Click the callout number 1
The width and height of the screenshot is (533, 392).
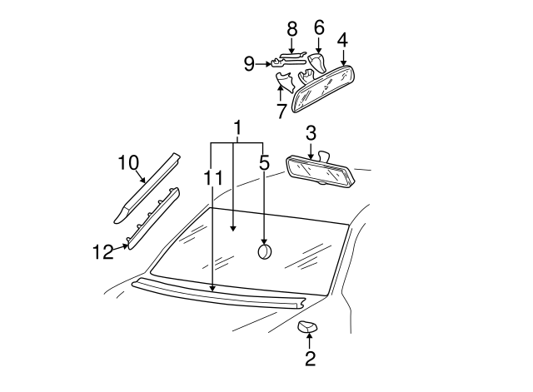[x=237, y=129]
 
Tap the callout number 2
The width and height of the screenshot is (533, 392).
[x=310, y=360]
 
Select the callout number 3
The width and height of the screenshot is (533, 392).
[x=311, y=133]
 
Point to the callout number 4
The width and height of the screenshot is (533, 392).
[x=342, y=39]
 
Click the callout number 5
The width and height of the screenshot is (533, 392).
[x=264, y=163]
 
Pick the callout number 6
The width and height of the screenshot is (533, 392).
[x=318, y=27]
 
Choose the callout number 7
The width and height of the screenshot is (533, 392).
[x=281, y=108]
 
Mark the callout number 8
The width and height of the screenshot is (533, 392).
[x=291, y=29]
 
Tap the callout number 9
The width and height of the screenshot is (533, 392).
[x=249, y=62]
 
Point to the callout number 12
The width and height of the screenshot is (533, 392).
[x=102, y=252]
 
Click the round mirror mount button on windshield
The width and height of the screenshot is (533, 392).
[x=265, y=251]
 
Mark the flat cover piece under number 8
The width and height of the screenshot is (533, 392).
[x=292, y=57]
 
